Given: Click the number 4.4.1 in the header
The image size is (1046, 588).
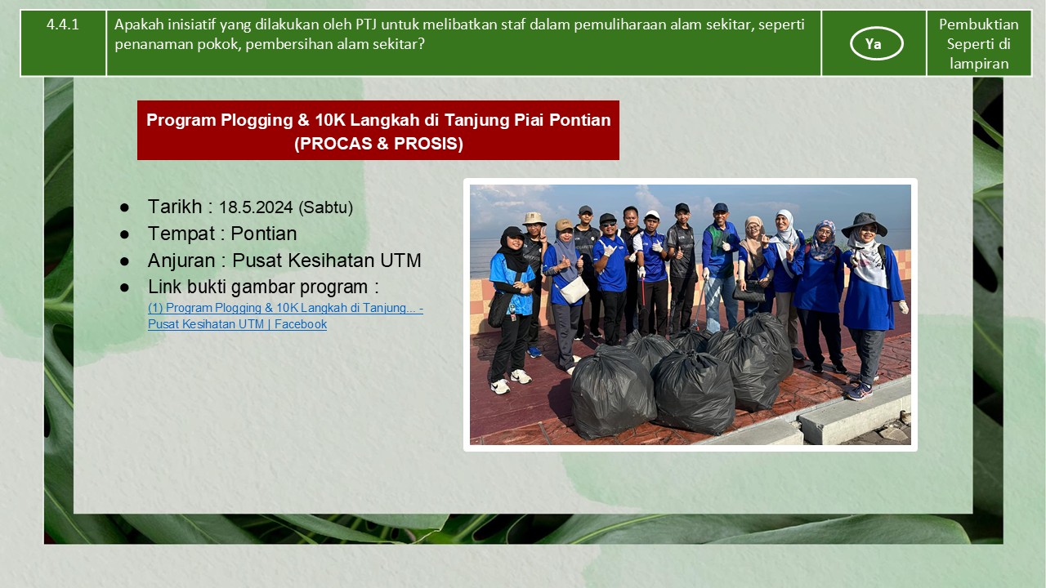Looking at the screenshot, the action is (63, 24).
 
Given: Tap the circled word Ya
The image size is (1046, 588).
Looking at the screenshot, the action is (873, 44).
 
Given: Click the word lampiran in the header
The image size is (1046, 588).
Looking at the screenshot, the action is (979, 64).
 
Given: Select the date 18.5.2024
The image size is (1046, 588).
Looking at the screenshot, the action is (256, 207).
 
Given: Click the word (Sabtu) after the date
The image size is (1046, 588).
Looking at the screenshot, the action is (325, 207).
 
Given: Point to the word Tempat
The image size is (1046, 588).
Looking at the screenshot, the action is (181, 234).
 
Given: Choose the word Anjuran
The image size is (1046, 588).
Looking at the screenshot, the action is (181, 261).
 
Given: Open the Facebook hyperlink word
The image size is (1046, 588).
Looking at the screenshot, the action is (300, 324).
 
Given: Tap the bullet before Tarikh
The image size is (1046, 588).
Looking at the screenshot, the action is (124, 207).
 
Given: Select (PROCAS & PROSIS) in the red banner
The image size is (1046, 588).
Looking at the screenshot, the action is (378, 143).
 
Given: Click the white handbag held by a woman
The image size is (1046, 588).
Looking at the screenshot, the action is (574, 290).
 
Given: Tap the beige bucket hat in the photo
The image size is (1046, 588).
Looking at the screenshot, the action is (534, 218).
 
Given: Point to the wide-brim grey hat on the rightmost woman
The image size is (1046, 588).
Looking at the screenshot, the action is (864, 224).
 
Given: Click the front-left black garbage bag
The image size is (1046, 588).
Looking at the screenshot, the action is (612, 392).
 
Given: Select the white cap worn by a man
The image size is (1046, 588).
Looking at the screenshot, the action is (652, 214).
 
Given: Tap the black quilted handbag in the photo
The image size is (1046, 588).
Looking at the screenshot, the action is (749, 293).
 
